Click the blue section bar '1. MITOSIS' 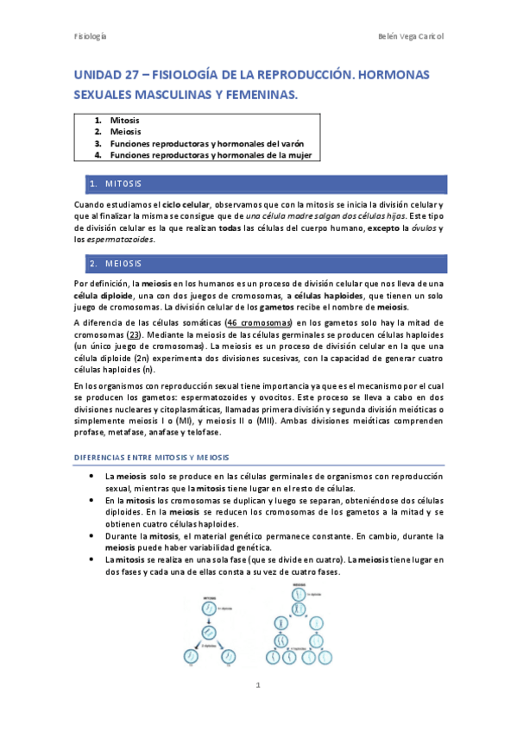[260, 184]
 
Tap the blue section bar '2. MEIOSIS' [260, 263]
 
